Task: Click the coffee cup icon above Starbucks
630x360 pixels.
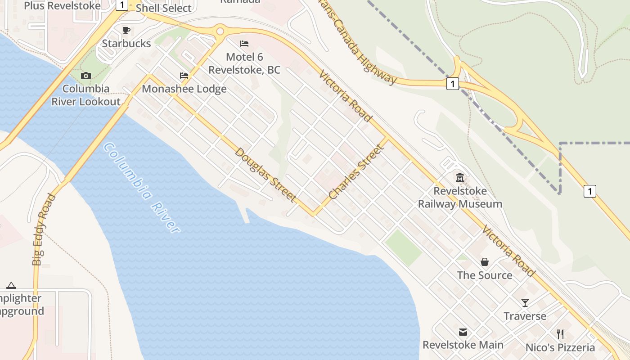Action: pyautogui.click(x=126, y=30)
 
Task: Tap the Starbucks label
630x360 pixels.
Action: pyautogui.click(x=126, y=44)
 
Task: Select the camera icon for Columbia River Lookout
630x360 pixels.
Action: pyautogui.click(x=86, y=76)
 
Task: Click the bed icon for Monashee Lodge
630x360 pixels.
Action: pyautogui.click(x=184, y=76)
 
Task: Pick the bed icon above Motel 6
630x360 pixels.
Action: pyautogui.click(x=244, y=44)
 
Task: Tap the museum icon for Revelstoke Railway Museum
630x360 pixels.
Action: pyautogui.click(x=459, y=177)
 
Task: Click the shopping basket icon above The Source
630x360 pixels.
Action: pyautogui.click(x=485, y=262)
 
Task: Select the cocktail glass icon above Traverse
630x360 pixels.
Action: pyautogui.click(x=525, y=302)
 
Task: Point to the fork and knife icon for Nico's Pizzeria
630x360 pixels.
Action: pyautogui.click(x=560, y=334)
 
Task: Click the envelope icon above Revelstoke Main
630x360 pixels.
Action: pyautogui.click(x=463, y=332)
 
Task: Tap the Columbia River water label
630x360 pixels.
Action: pyautogui.click(x=141, y=187)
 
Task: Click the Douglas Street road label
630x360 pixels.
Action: pyautogui.click(x=265, y=175)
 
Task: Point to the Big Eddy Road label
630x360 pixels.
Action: pyautogui.click(x=44, y=229)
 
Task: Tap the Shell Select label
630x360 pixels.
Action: pyautogui.click(x=163, y=8)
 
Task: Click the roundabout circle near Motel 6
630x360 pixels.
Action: pyautogui.click(x=220, y=31)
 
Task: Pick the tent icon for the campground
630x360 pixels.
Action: pyautogui.click(x=11, y=285)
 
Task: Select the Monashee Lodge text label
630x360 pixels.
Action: pyautogui.click(x=184, y=89)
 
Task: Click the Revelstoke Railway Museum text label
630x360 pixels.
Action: pyautogui.click(x=460, y=198)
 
